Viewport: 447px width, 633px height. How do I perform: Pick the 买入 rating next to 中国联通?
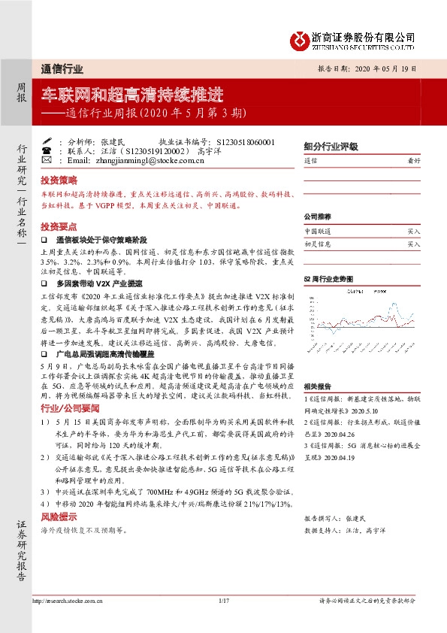pos(414,232)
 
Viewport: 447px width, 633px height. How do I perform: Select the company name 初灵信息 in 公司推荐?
pos(317,244)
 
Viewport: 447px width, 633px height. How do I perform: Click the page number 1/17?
pos(223,601)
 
